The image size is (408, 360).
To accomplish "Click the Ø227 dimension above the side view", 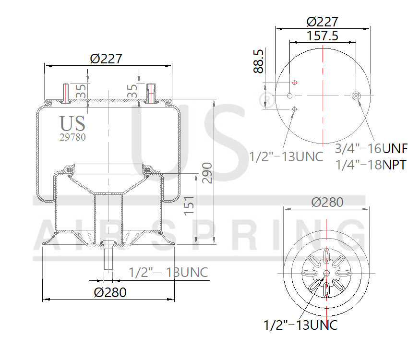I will pyautogui.click(x=106, y=59).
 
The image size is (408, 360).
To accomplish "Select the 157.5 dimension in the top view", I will pyautogui.click(x=322, y=36).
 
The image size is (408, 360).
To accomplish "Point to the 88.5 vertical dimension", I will pyautogui.click(x=259, y=61).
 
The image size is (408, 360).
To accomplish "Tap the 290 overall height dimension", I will pyautogui.click(x=207, y=172).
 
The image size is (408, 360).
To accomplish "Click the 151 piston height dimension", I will pyautogui.click(x=189, y=205).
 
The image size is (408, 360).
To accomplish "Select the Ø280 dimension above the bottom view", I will pyautogui.click(x=327, y=202).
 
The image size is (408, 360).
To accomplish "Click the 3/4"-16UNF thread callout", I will pyautogui.click(x=371, y=147).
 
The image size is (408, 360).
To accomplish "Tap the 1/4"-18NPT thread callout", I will pyautogui.click(x=370, y=165).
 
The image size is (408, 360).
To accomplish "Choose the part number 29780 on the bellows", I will pyautogui.click(x=72, y=137).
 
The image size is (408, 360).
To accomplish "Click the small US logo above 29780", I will pyautogui.click(x=73, y=123).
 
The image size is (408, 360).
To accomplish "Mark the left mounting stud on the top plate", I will pyautogui.click(x=66, y=93).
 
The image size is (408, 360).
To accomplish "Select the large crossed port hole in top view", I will pyautogui.click(x=356, y=96).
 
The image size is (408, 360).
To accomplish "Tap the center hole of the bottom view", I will pyautogui.click(x=327, y=273).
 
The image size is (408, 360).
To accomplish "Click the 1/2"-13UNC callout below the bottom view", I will pyautogui.click(x=300, y=325).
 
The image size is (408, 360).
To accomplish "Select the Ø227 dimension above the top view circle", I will pyautogui.click(x=323, y=22).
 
